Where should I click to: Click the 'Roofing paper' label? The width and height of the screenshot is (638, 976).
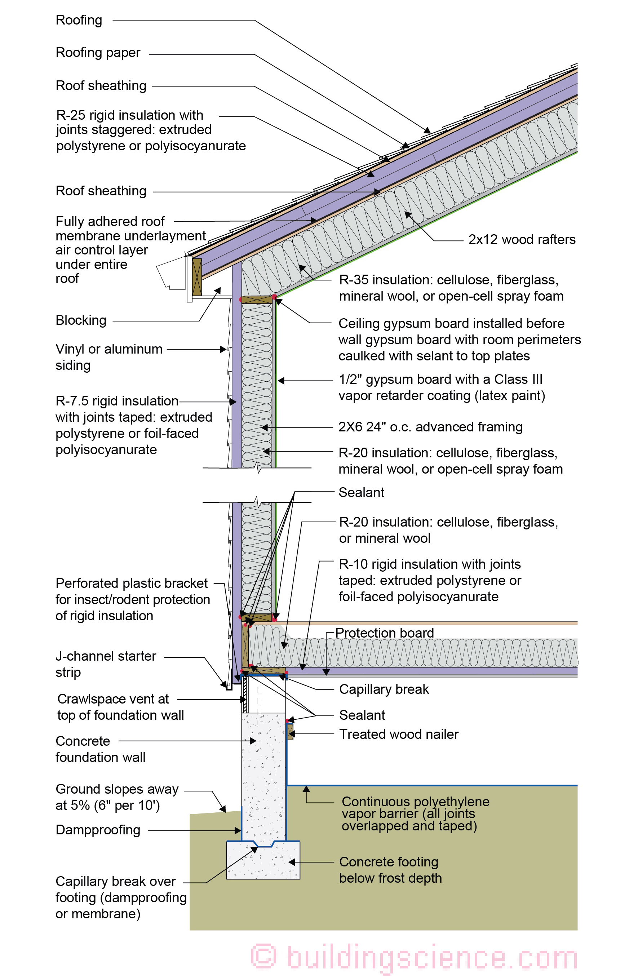98,53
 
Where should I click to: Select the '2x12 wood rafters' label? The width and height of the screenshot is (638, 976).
522,239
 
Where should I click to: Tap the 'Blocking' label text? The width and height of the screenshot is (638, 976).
81,320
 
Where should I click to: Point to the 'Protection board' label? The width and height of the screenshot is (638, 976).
384,633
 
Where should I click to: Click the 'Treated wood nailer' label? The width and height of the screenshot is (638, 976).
399,734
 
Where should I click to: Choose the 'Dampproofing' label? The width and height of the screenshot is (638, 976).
98,830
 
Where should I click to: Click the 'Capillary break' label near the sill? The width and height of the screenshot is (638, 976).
384,689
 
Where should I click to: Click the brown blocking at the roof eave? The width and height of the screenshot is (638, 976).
197,277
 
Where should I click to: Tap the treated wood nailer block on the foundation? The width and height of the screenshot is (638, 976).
290,732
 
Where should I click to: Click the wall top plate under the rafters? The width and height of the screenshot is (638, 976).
257,300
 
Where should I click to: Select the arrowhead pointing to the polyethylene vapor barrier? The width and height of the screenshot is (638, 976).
306,789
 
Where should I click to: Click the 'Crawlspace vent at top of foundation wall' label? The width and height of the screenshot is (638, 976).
120,707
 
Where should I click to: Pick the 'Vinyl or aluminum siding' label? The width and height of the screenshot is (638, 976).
108,357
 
